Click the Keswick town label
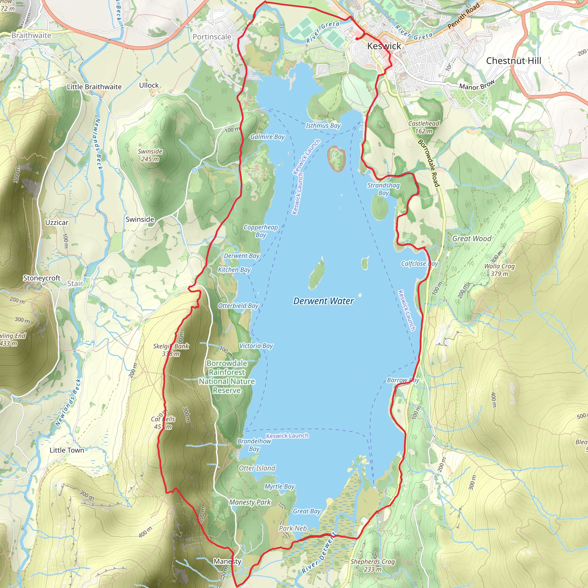[384, 46]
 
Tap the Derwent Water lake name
[323, 301]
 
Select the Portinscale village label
[212, 37]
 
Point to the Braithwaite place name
[31, 35]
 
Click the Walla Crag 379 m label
[500, 270]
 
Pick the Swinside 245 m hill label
[150, 155]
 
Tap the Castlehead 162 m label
[424, 127]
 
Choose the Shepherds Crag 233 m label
[372, 565]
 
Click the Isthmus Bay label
[323, 125]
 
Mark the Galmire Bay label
[267, 137]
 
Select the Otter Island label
[257, 468]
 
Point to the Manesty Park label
[250, 502]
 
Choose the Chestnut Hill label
[513, 61]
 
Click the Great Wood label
[472, 238]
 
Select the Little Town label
[67, 450]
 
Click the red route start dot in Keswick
[357, 39]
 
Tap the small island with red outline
[336, 158]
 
